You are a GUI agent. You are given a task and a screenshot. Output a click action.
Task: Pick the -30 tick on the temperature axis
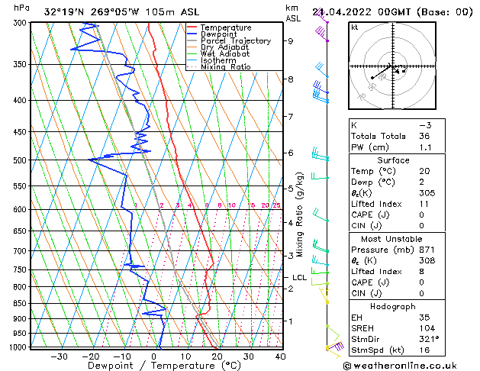(59, 356)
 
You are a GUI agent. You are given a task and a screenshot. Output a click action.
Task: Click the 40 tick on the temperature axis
(280, 356)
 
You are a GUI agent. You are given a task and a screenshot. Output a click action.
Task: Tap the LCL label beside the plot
(299, 278)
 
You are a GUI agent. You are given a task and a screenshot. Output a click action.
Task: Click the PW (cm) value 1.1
(424, 147)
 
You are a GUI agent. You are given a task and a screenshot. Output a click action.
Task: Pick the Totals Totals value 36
(424, 136)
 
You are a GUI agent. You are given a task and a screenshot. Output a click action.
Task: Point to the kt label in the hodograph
(355, 27)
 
